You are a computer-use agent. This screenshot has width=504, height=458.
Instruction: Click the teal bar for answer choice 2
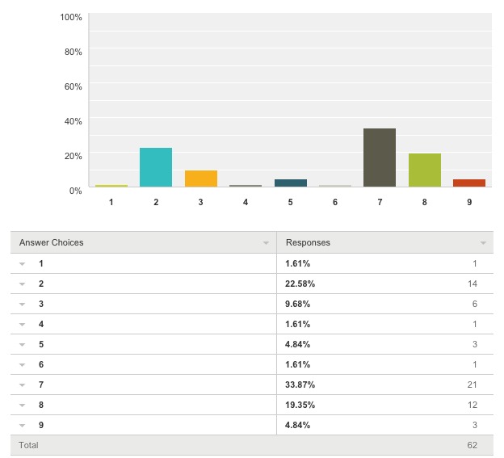[156, 167]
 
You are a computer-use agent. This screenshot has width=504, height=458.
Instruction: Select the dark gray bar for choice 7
[380, 158]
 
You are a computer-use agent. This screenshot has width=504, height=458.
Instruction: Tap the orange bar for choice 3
[201, 179]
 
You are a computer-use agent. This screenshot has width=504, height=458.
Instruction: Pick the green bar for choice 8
[425, 170]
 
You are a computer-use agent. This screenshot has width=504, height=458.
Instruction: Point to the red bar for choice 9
[469, 183]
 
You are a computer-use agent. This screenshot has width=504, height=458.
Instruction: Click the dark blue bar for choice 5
[291, 183]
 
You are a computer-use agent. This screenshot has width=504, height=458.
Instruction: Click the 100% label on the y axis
[71, 17]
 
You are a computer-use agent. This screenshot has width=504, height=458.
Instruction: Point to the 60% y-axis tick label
[73, 86]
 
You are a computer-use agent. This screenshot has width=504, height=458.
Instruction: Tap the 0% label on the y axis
[76, 191]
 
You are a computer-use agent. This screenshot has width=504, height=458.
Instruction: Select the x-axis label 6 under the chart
[335, 202]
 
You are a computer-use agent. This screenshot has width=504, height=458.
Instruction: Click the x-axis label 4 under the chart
[246, 202]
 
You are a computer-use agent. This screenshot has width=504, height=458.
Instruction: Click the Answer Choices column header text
[51, 242]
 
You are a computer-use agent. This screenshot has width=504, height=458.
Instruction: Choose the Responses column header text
[308, 242]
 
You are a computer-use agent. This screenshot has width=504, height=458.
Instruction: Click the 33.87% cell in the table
[300, 384]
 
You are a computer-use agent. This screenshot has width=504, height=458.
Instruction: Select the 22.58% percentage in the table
[300, 284]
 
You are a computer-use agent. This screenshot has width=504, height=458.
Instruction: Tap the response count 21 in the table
[472, 384]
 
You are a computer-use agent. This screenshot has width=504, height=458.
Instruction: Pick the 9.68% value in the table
[298, 304]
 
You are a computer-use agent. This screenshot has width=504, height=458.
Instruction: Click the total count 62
[472, 445]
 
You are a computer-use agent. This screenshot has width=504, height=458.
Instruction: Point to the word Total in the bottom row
[28, 445]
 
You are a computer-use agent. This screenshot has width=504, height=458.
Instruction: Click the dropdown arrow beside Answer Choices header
[266, 243]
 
